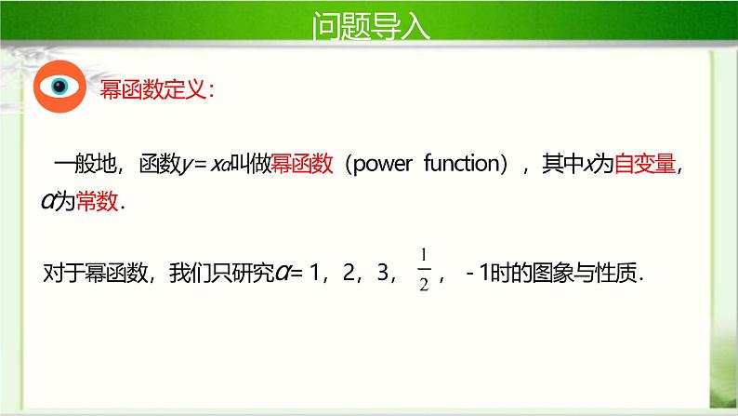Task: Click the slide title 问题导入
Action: coord(371,26)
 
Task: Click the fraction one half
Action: coord(423,271)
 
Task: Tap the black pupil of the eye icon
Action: coord(59,87)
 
